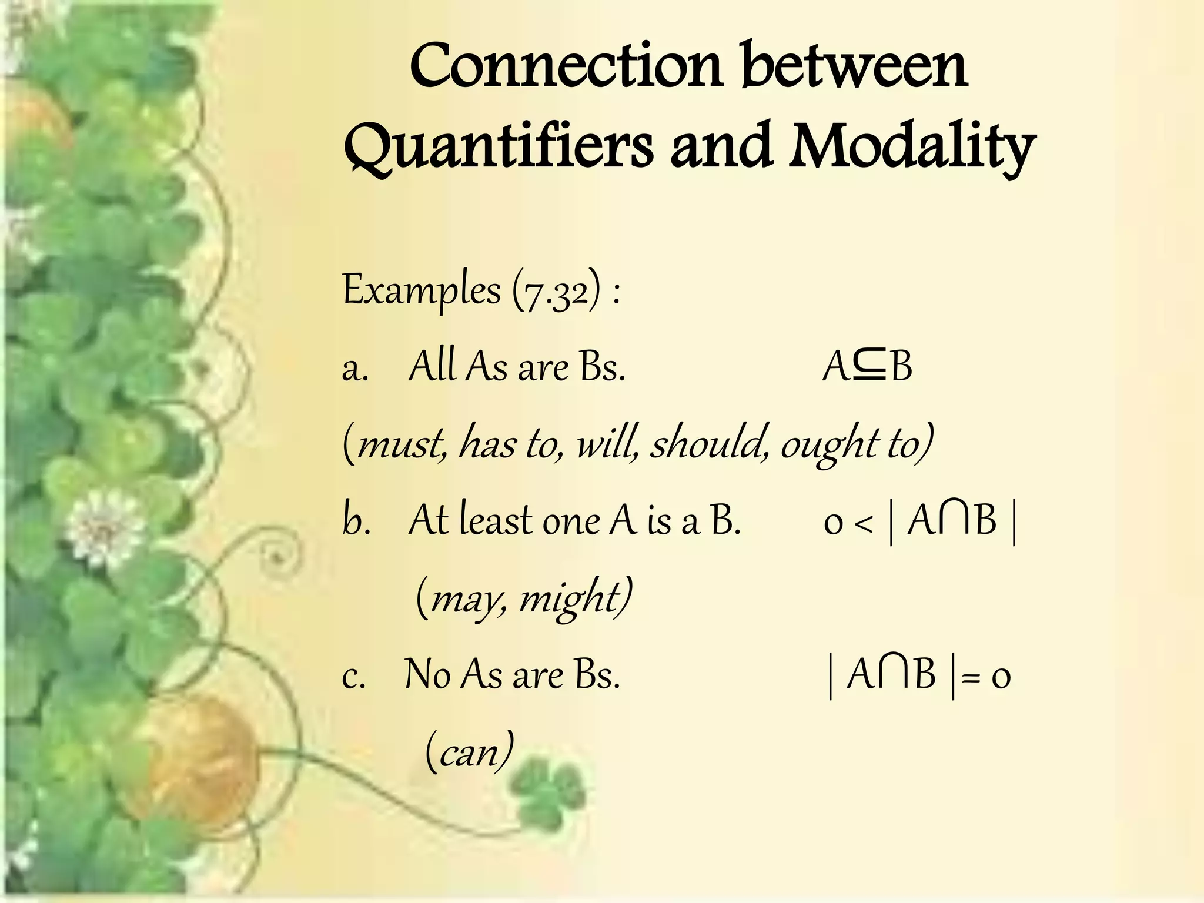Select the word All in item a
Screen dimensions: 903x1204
coord(432,367)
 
